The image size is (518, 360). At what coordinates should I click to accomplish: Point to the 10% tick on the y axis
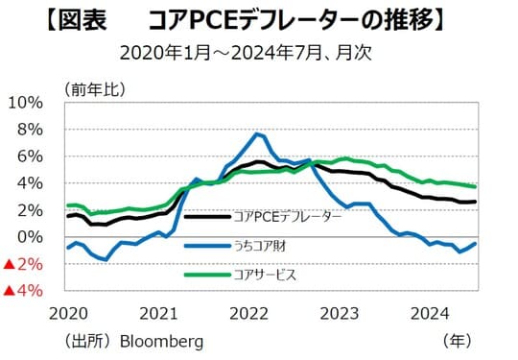click(x=26, y=103)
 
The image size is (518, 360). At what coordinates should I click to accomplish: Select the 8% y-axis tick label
click(x=30, y=130)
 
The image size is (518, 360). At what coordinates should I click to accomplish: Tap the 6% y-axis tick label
click(x=30, y=156)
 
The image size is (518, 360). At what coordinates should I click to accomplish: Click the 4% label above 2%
click(x=30, y=183)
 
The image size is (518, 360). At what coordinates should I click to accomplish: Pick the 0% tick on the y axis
click(x=30, y=237)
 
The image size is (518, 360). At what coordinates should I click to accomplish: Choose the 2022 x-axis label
click(x=250, y=313)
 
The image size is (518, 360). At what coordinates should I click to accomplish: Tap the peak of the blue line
click(x=257, y=133)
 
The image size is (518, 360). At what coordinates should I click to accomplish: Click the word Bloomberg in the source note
click(x=161, y=341)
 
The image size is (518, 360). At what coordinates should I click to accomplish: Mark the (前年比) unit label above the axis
click(x=92, y=89)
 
